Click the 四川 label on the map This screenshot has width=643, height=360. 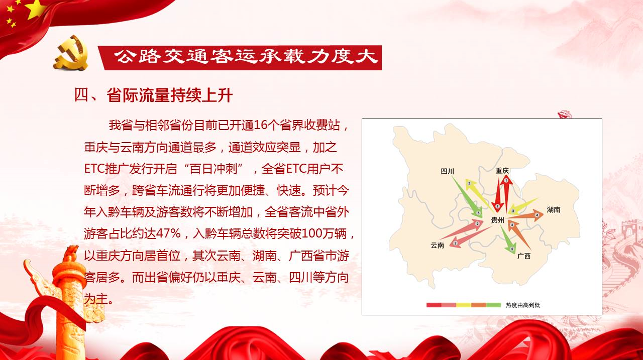pyautogui.click(x=447, y=171)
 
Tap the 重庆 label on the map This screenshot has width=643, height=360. pyautogui.click(x=502, y=171)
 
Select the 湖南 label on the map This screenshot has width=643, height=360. pyautogui.click(x=554, y=210)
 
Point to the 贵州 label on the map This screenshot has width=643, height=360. pyautogui.click(x=497, y=220)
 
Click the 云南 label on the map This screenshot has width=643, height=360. pyautogui.click(x=438, y=245)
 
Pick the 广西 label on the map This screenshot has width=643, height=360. pyautogui.click(x=524, y=256)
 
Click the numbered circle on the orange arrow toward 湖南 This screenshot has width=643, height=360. pyautogui.click(x=537, y=215)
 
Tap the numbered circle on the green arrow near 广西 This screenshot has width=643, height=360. pyautogui.click(x=512, y=249)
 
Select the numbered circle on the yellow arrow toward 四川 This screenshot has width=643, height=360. pyautogui.click(x=469, y=183)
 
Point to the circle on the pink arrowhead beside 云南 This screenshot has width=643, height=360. pyautogui.click(x=455, y=244)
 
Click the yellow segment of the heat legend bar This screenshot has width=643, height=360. pyautogui.click(x=464, y=305)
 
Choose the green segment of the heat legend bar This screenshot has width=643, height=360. pyautogui.click(x=493, y=305)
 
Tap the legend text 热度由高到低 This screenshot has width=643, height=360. pyautogui.click(x=523, y=305)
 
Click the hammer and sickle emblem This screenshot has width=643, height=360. pyautogui.click(x=71, y=53)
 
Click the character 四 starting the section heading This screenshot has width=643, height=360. pyautogui.click(x=81, y=95)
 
